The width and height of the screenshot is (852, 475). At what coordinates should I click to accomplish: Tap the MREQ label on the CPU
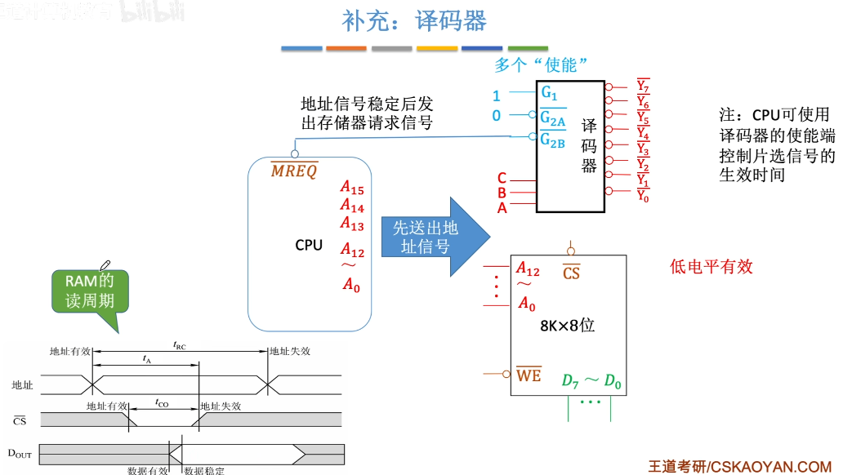pyautogui.click(x=294, y=171)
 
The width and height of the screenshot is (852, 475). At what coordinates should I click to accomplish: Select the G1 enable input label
pyautogui.click(x=549, y=91)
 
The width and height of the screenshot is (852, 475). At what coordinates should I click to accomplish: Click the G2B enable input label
pyautogui.click(x=552, y=141)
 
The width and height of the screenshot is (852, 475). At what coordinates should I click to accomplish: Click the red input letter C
pyautogui.click(x=502, y=179)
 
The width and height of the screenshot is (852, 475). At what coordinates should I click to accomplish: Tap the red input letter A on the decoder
pyautogui.click(x=502, y=208)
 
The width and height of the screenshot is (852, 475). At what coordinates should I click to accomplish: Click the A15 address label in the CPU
pyautogui.click(x=352, y=189)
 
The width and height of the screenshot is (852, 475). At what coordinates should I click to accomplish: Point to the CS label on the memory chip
pyautogui.click(x=571, y=273)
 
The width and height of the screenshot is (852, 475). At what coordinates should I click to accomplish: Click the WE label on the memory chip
pyautogui.click(x=529, y=375)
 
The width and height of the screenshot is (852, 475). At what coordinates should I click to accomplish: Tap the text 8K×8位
pyautogui.click(x=567, y=324)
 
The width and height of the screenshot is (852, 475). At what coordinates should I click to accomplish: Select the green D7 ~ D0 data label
pyautogui.click(x=591, y=380)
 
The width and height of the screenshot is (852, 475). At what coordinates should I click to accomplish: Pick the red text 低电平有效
pyautogui.click(x=711, y=266)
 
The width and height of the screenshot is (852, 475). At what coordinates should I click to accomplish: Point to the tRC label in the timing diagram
pyautogui.click(x=179, y=346)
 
